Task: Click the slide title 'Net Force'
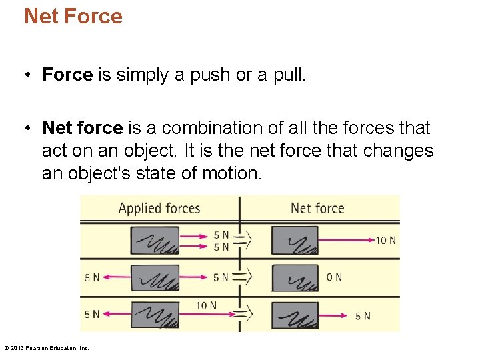73,16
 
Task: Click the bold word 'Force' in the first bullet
67,75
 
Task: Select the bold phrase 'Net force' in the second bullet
82,127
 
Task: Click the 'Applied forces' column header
159,208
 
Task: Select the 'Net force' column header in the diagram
317,208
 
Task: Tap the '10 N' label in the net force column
385,240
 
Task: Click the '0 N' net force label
334,277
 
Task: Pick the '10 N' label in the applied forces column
206,305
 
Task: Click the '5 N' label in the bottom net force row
363,315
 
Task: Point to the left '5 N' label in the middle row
92,277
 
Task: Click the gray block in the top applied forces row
155,241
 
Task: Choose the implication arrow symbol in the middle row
243,276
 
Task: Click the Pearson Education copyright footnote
47,347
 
